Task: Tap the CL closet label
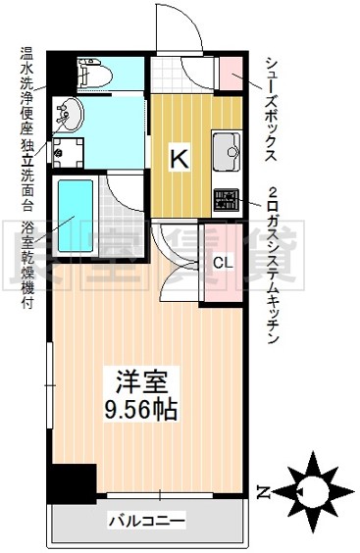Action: point(224,263)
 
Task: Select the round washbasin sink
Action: point(70,115)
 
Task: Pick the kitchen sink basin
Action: point(226,150)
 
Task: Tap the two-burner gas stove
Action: point(227,200)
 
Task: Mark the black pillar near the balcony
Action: point(71,483)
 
